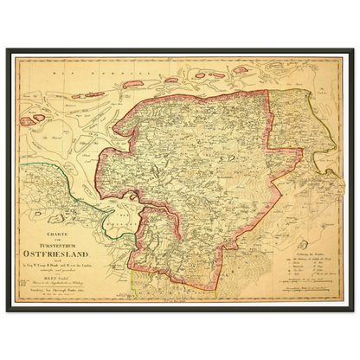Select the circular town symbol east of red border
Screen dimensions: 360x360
click(299, 173)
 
